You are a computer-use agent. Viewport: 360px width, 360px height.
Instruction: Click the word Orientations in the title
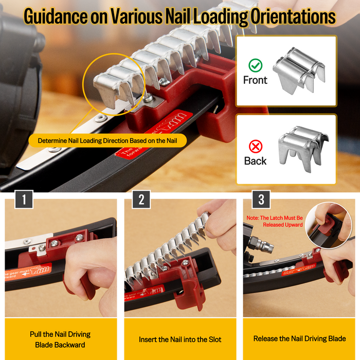[293, 16]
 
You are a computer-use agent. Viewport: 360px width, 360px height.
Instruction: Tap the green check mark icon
[255, 65]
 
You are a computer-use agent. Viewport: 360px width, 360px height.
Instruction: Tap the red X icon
[255, 146]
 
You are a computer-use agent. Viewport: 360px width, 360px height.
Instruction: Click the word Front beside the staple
[255, 80]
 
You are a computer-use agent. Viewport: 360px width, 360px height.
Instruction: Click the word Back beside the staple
[255, 160]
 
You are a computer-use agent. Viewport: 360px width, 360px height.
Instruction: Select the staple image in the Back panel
[301, 149]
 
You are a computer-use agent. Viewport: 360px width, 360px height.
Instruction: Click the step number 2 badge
[141, 200]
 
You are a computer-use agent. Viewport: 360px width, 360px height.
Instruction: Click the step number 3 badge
[261, 200]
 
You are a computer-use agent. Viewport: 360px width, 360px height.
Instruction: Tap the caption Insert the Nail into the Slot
[180, 339]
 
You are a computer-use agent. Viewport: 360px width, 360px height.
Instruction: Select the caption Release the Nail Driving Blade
[299, 338]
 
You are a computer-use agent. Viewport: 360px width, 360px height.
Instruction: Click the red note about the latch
[275, 221]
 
